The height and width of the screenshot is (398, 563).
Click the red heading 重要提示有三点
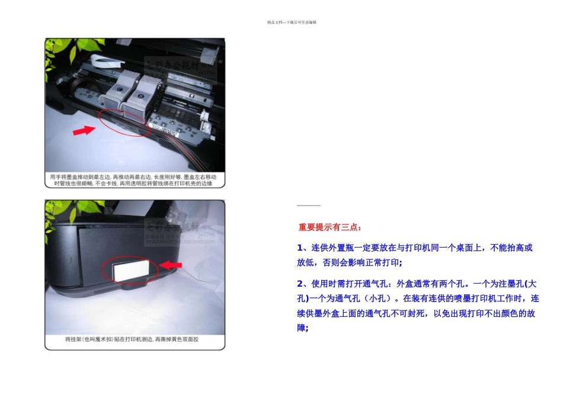(330, 227)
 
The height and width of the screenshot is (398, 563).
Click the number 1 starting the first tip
(300, 248)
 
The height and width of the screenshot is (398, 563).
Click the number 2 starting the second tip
(300, 283)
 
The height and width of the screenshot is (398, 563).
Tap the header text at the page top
(292, 23)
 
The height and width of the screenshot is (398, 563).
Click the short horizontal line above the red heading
(308, 206)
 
